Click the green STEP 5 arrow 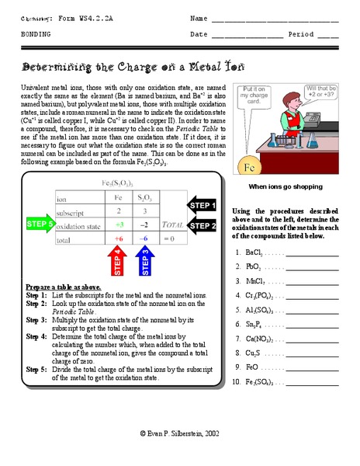(40, 225)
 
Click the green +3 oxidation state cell (119, 225)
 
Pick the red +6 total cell (119, 239)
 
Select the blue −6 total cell (144, 239)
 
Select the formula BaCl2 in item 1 (253, 252)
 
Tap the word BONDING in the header (37, 35)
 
